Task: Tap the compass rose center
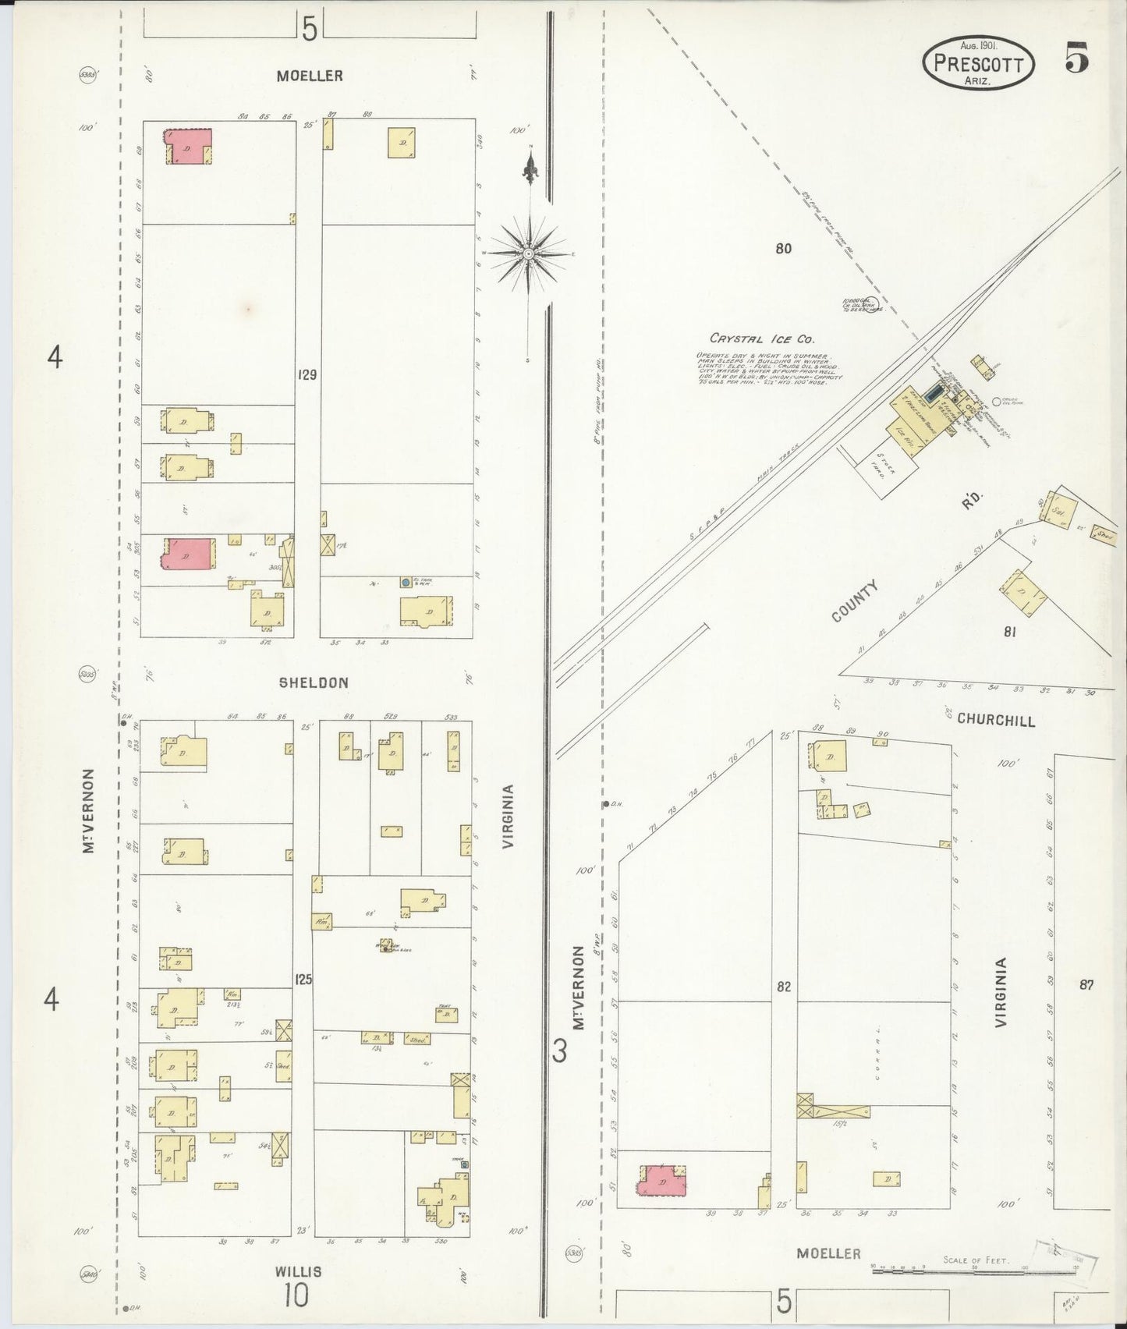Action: [x=529, y=253]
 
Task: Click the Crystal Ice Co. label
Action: [x=762, y=339]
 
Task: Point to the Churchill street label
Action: [x=996, y=719]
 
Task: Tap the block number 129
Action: [x=307, y=375]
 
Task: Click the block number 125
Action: [x=303, y=978]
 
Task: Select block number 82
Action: [x=784, y=987]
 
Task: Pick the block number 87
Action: [x=1086, y=985]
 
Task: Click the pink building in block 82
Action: [x=661, y=1180]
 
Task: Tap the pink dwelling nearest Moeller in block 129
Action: [x=188, y=146]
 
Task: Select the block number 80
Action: [x=784, y=249]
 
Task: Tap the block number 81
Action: [x=1009, y=632]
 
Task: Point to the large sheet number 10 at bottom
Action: [x=296, y=1296]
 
